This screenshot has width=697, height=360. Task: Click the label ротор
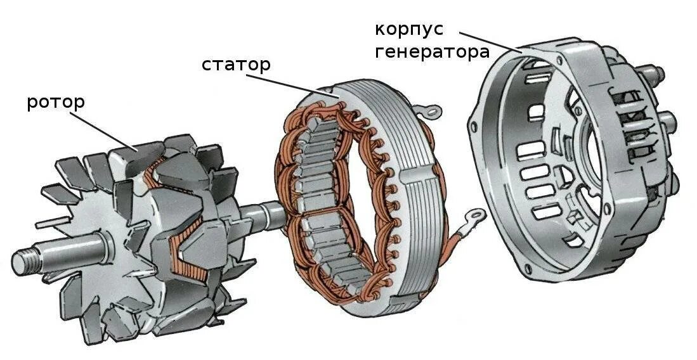[x=56, y=102]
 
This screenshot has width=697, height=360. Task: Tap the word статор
[x=236, y=64]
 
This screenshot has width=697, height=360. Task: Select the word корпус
[x=408, y=29]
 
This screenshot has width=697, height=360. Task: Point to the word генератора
[x=432, y=51]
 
